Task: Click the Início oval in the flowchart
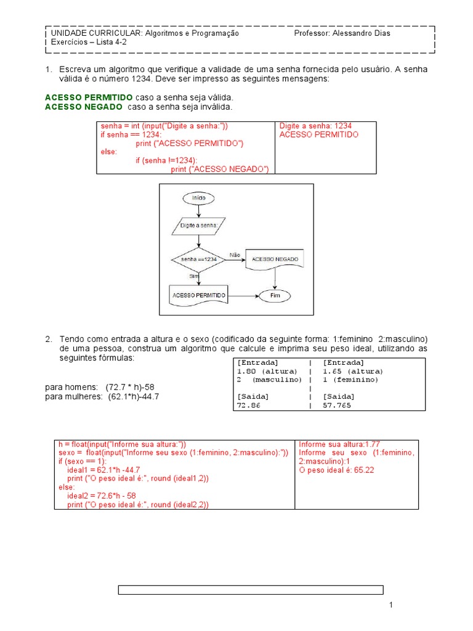[x=198, y=198]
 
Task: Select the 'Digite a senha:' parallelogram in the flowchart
[x=198, y=227]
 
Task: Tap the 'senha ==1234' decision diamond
[x=198, y=260]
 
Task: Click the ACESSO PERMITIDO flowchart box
[x=198, y=295]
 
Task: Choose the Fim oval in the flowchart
[x=275, y=296]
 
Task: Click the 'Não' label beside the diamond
[x=235, y=254]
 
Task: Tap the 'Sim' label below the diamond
[x=194, y=277]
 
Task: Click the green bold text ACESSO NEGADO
[x=84, y=107]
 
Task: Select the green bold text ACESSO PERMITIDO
[x=89, y=98]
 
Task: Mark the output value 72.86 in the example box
[x=249, y=407]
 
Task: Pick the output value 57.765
[x=339, y=407]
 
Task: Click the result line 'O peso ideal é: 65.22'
[x=336, y=470]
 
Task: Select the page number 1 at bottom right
[x=390, y=607]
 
